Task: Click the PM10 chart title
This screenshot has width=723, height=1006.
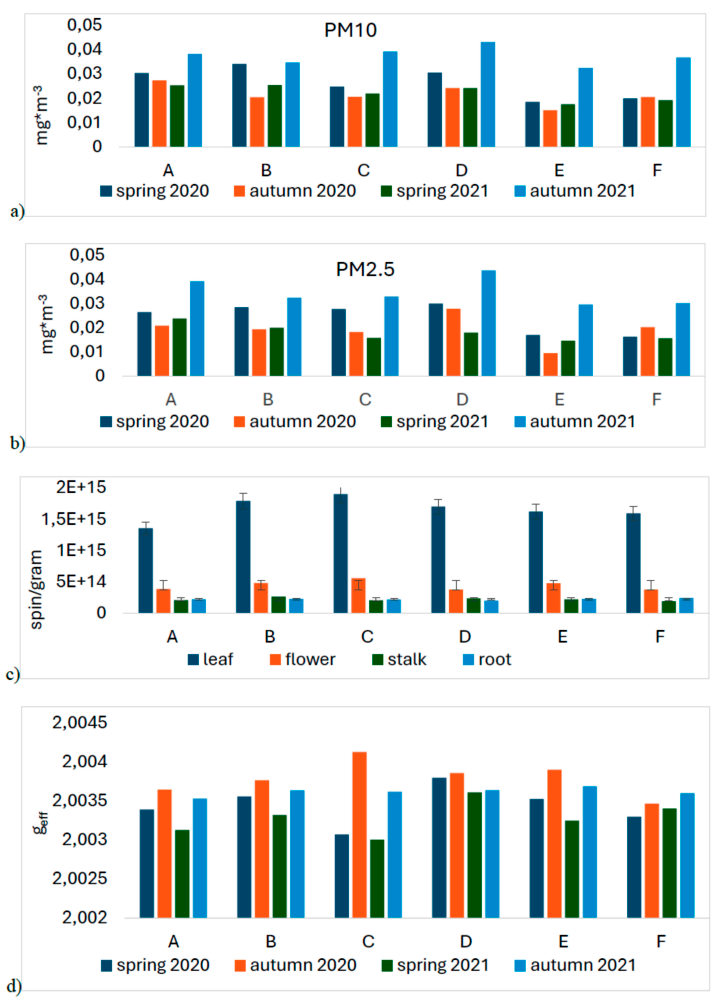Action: pyautogui.click(x=350, y=30)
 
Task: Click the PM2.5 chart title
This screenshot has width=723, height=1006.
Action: pyautogui.click(x=365, y=269)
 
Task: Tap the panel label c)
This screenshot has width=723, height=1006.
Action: pyautogui.click(x=12, y=675)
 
